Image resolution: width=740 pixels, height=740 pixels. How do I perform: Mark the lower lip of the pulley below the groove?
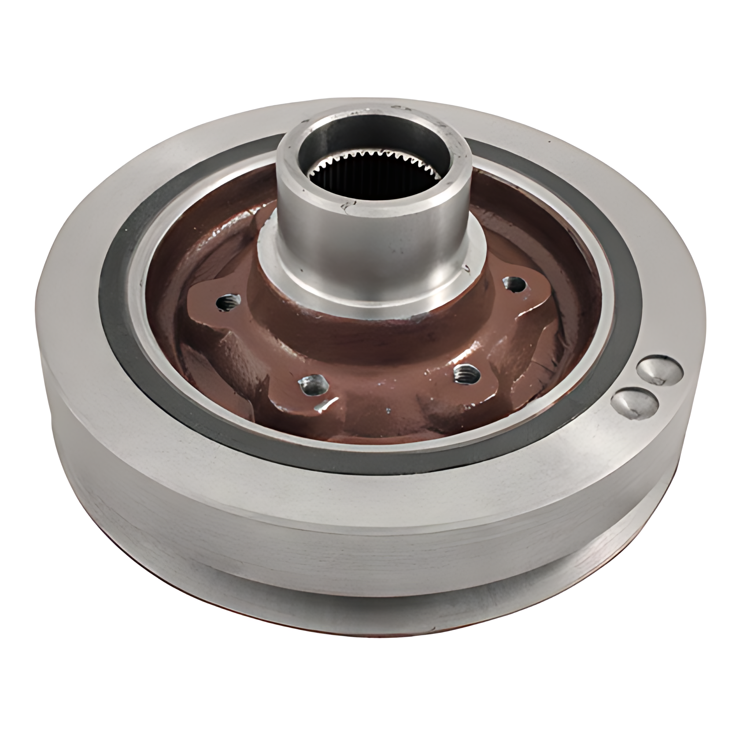[352, 599]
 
